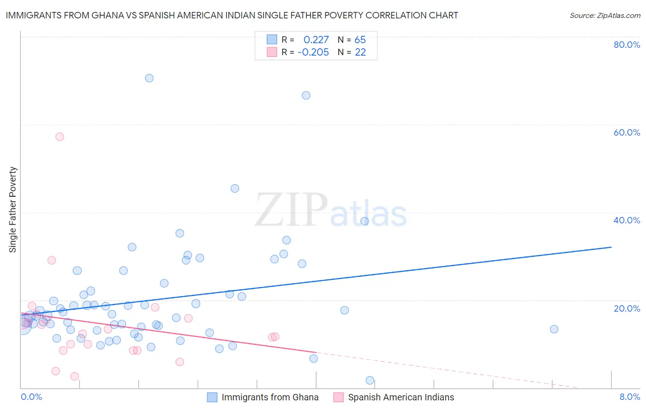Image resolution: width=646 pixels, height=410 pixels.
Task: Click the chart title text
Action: click(232, 15)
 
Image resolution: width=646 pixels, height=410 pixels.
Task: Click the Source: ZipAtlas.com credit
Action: click(605, 15)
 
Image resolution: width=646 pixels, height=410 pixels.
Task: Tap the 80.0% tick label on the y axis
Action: click(627, 45)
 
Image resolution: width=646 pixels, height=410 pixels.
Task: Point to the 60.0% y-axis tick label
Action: click(627, 132)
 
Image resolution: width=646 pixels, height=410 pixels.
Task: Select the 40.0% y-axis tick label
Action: click(627, 220)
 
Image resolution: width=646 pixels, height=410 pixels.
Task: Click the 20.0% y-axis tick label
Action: click(627, 308)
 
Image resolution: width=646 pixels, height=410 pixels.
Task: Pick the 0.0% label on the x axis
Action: click(31, 397)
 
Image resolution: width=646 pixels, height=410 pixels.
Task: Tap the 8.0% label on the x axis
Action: click(629, 397)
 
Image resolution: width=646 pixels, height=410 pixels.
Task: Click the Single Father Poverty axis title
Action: click(13, 210)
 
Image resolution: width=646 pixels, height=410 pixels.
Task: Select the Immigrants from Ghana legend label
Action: click(270, 398)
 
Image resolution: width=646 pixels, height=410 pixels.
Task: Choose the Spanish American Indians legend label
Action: click(401, 398)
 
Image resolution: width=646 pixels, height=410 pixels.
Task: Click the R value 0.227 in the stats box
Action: click(316, 40)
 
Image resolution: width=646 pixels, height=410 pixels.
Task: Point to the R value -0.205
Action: click(313, 52)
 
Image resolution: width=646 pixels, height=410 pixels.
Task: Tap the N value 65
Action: click(360, 40)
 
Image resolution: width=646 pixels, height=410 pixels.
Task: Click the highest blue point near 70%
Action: click(149, 78)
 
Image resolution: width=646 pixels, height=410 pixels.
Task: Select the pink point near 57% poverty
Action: click(60, 137)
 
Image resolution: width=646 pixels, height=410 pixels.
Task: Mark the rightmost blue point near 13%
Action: click(554, 329)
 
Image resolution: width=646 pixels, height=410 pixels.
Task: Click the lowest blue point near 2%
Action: click(370, 380)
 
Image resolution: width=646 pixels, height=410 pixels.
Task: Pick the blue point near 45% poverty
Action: click(235, 188)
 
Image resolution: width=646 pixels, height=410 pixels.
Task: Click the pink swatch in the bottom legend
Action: click(338, 398)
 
